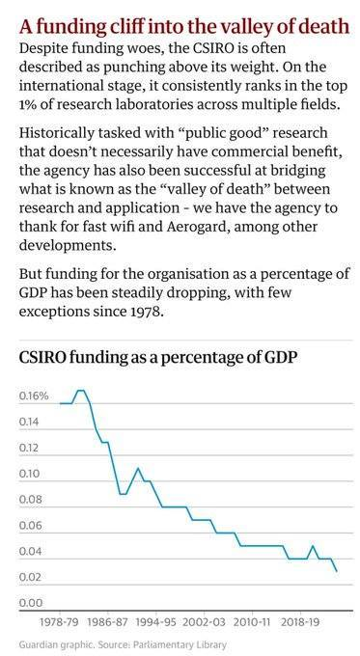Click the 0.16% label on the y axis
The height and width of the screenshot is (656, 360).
point(34,396)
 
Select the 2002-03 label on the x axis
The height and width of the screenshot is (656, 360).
point(210,624)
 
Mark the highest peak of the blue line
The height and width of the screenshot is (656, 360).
point(81,390)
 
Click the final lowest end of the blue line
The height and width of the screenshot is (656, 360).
point(337,571)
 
